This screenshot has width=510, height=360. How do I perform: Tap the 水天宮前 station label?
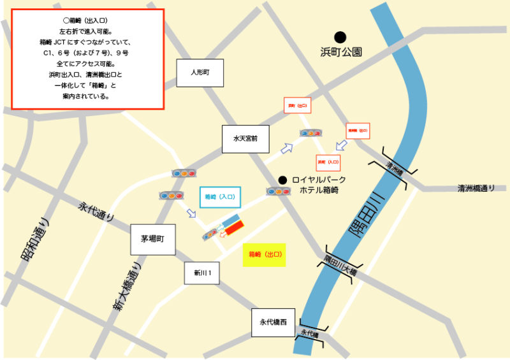pos(243,138)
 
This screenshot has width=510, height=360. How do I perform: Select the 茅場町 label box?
pos(152,240)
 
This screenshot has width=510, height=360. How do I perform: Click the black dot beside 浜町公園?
pos(341,38)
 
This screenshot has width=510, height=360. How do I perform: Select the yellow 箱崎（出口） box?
pos(264,254)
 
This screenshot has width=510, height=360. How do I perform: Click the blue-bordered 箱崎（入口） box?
pos(220,198)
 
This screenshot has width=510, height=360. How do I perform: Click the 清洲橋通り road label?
pos(476,189)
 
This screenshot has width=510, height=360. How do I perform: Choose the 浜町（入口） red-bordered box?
pos(329,162)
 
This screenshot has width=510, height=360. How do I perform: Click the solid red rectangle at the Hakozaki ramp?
pos(234,227)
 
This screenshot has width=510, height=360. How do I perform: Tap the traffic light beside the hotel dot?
pos(279,191)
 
